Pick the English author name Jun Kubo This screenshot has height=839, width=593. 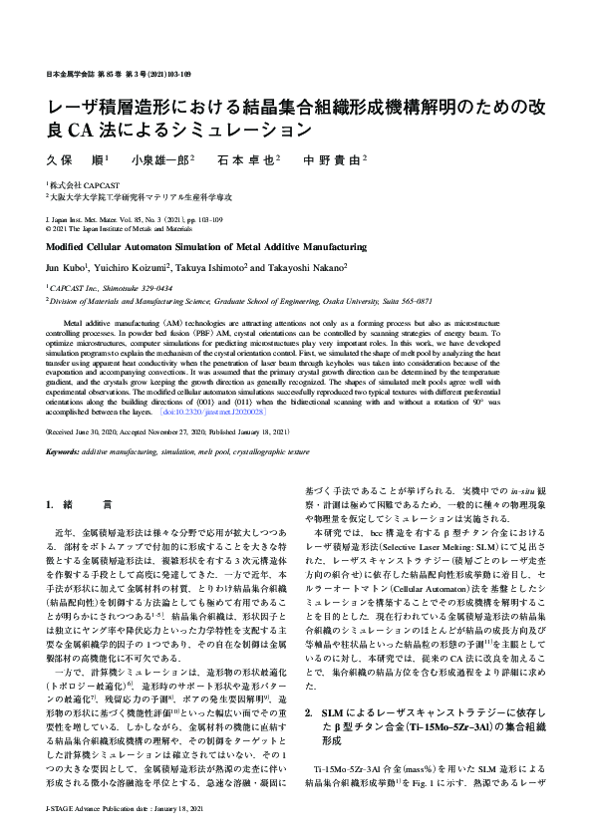pyautogui.click(x=66, y=268)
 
